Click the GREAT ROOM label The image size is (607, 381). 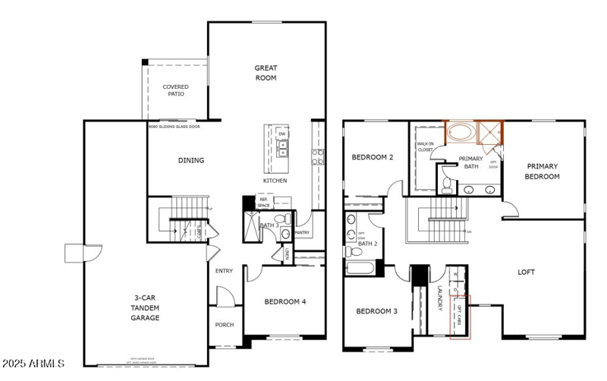[x=266, y=73]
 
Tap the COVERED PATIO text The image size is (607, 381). [x=175, y=90]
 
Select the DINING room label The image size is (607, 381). [x=190, y=160]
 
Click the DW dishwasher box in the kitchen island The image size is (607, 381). [x=282, y=134]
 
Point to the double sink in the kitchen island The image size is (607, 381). [x=282, y=150]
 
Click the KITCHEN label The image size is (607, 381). [x=275, y=181]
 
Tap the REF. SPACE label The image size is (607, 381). [x=264, y=203]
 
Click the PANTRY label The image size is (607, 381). [x=302, y=233]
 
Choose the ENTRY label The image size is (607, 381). [x=224, y=271]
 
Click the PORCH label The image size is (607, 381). [x=225, y=325]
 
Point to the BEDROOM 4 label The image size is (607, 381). [x=285, y=302]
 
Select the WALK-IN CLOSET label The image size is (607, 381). [x=425, y=146]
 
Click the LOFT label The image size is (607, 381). [x=526, y=272]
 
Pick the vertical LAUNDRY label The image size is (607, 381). [x=440, y=298]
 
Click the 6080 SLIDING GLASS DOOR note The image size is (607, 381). [x=175, y=126]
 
